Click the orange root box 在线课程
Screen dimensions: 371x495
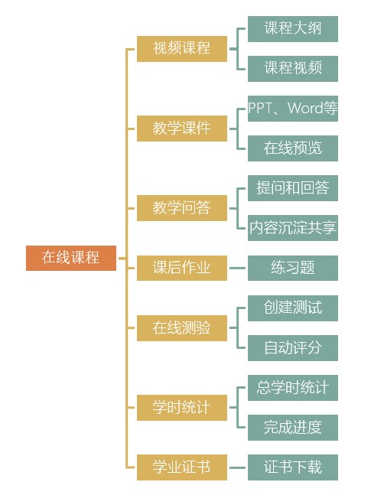tap(71, 258)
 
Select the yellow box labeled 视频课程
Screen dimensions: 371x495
tap(182, 49)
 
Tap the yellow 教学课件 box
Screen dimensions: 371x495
tap(182, 129)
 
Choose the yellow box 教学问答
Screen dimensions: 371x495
tap(182, 208)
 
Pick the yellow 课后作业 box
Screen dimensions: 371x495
tap(182, 268)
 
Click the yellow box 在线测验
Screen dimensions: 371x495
tap(182, 328)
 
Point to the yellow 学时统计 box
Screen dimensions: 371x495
tap(182, 408)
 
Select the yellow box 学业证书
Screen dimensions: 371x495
tap(182, 467)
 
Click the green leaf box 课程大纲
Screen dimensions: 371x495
tap(293, 29)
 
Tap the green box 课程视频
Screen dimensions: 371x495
tap(293, 69)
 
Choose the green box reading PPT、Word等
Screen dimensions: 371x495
tap(293, 109)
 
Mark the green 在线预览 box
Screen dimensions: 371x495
tap(293, 148)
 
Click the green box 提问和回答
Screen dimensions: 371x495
tap(293, 188)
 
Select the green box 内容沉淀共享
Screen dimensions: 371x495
tap(293, 228)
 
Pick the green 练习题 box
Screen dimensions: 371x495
tap(293, 268)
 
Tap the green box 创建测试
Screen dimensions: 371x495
tap(293, 308)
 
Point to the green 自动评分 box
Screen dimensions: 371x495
tap(293, 348)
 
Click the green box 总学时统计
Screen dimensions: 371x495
tap(293, 388)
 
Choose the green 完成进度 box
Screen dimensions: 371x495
tap(293, 428)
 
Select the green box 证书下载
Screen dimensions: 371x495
tap(293, 467)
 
